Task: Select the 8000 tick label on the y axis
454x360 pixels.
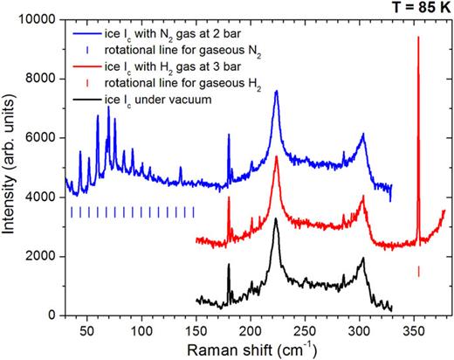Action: tap(45, 79)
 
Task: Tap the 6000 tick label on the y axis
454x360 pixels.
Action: tap(45, 138)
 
